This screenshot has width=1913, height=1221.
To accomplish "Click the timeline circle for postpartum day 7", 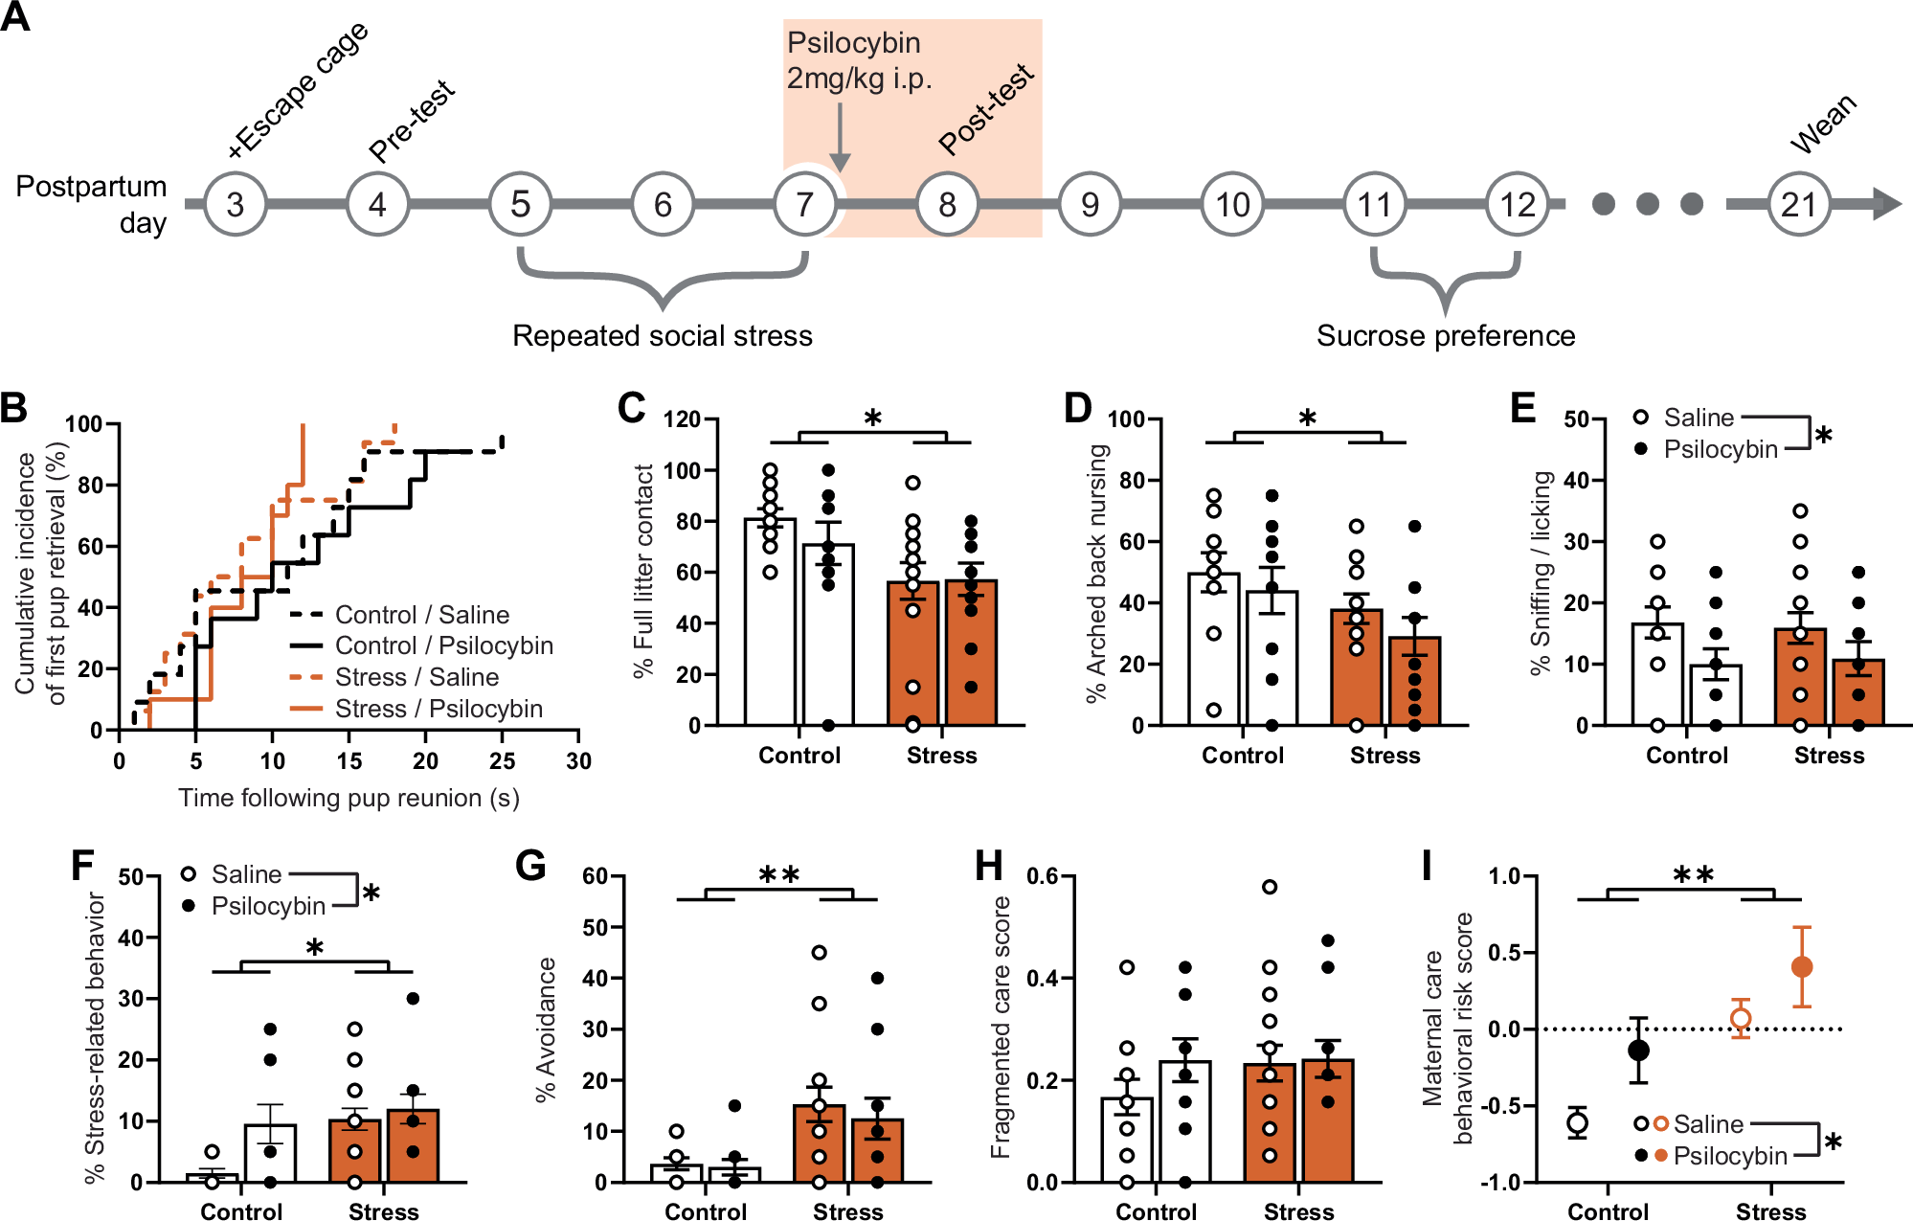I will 805,204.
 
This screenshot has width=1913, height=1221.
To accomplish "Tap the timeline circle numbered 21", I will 1798,204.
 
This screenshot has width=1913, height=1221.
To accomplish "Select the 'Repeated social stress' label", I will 662,336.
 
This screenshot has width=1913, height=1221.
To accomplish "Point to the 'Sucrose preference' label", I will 1445,336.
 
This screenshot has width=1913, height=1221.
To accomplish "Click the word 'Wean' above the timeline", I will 1824,124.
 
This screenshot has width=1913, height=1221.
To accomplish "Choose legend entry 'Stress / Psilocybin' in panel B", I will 438,709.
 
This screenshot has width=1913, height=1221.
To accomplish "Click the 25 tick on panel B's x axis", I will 502,761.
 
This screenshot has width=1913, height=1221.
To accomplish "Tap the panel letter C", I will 631,409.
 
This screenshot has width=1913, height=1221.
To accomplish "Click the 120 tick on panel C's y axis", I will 682,419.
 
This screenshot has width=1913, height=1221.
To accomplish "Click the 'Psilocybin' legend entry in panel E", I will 1720,449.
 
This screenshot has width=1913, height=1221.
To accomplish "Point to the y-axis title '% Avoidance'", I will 546,1029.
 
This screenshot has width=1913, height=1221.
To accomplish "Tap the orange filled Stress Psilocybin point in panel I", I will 1801,967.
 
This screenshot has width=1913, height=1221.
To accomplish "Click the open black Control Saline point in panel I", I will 1578,1122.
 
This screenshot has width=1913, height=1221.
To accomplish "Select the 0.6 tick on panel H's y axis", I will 1042,876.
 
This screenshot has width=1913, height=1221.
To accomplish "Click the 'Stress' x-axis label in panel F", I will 383,1211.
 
